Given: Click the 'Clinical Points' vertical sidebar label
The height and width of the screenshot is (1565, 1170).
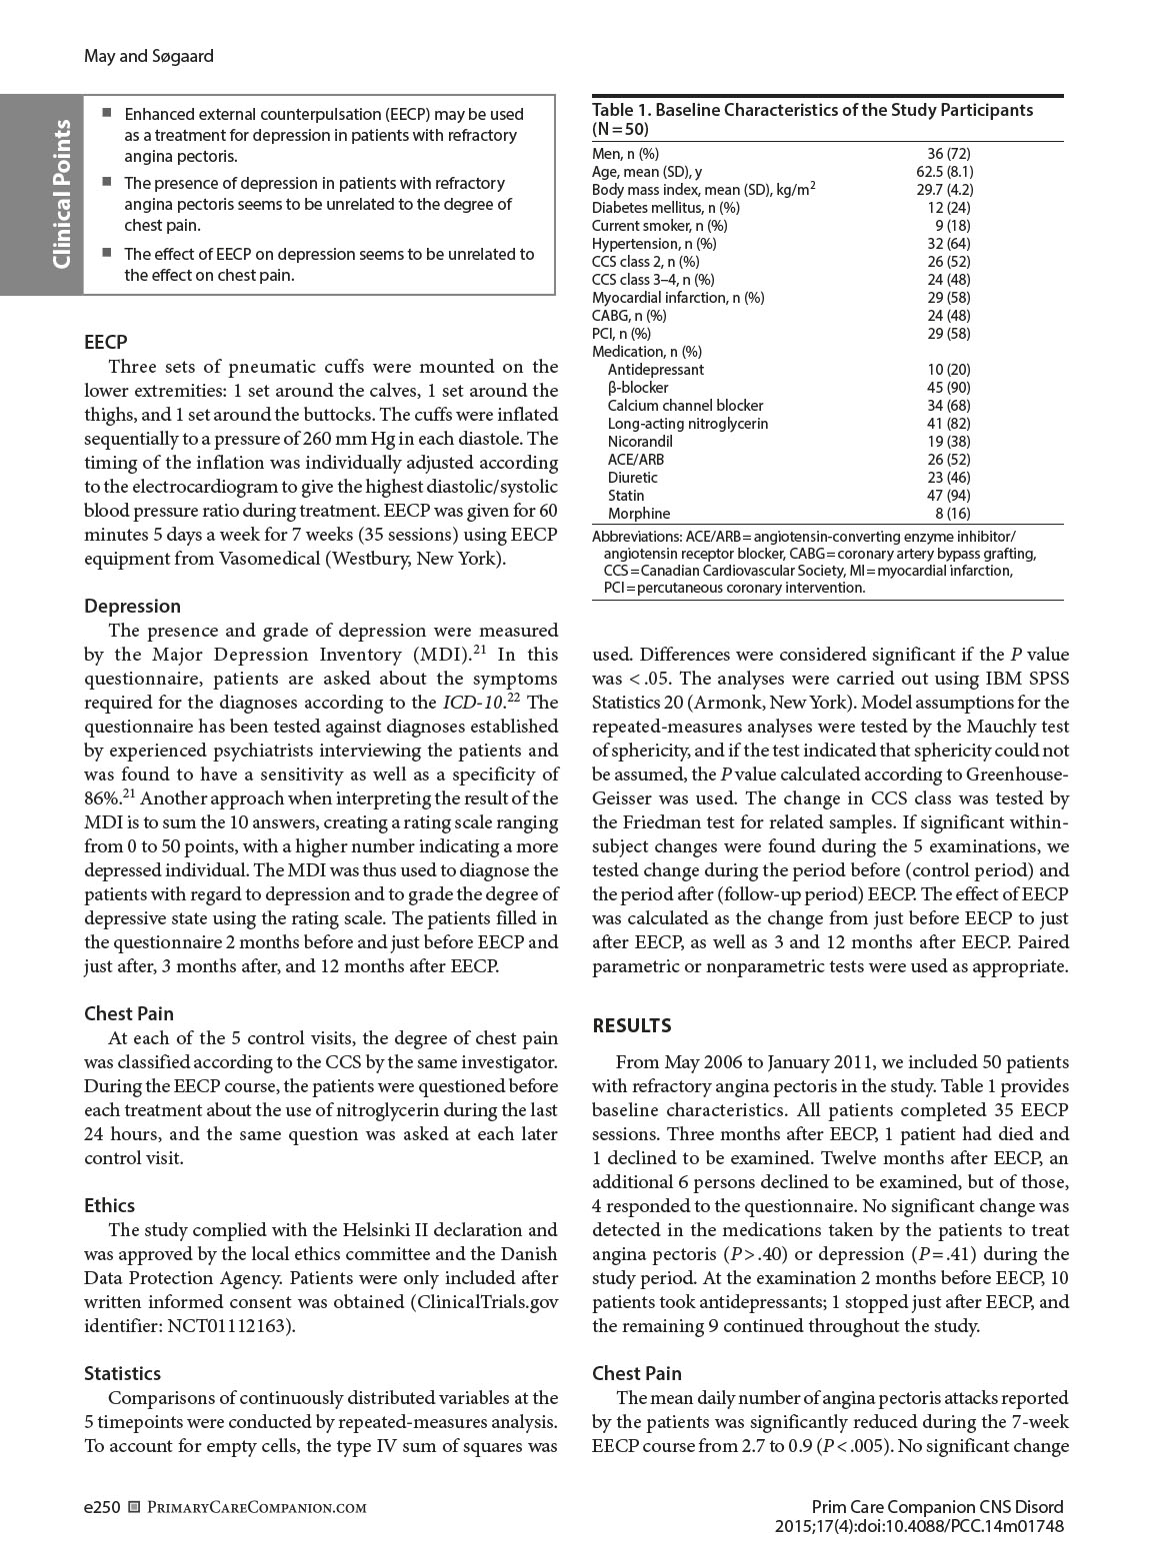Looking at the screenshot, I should pos(62,194).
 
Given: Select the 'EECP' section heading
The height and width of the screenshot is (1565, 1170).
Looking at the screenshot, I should pos(106,343).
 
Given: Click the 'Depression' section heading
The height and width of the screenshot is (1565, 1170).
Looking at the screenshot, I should pos(133,606).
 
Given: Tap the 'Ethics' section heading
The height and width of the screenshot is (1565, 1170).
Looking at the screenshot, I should pos(109,1205).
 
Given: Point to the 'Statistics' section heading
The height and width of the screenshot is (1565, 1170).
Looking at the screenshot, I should pos(122,1373).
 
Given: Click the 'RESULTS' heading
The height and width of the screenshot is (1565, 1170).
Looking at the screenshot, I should pos(632,1025).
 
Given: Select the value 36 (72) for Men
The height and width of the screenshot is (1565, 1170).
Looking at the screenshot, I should pos(949,154).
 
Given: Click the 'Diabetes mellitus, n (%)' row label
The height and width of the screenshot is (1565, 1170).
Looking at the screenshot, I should pos(666,208).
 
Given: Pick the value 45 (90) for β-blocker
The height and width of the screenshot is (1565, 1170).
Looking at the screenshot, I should pos(949,388).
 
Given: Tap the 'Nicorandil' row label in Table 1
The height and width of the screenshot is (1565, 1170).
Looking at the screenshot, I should pos(640,442).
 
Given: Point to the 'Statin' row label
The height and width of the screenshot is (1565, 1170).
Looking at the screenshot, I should pos(626,496).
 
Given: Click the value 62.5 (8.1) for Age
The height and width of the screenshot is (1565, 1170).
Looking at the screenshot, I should pos(945,172).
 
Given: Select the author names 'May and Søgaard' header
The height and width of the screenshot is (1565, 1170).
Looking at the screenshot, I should pos(148,56).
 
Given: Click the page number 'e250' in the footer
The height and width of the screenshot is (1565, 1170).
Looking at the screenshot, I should pos(102,1507).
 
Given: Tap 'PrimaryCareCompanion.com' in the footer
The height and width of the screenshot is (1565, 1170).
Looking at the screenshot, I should pos(256,1508).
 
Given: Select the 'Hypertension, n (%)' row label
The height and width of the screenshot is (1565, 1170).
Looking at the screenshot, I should pos(654,244).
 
